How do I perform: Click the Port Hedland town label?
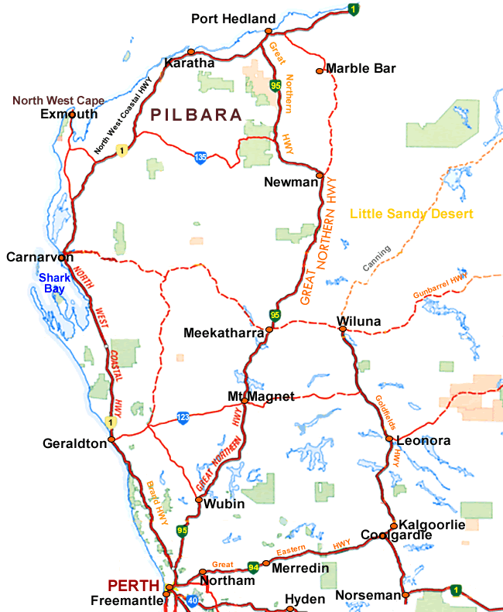click(x=233, y=19)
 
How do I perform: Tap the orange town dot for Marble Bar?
click(x=319, y=71)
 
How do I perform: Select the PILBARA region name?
click(x=197, y=115)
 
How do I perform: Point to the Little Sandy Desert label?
click(x=411, y=214)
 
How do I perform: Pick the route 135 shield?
click(x=201, y=156)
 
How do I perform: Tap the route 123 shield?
click(x=182, y=417)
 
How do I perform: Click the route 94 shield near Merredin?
click(x=253, y=566)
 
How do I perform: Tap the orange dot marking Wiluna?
click(x=341, y=330)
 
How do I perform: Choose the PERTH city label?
click(x=133, y=584)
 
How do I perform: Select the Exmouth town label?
click(x=69, y=114)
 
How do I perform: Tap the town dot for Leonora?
click(x=388, y=439)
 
